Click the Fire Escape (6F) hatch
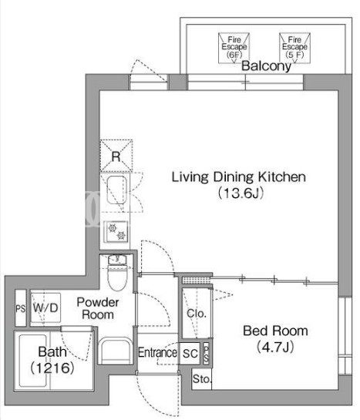(x=234, y=49)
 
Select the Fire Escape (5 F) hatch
(x=294, y=49)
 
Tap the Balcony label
(x=266, y=66)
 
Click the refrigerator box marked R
(x=116, y=156)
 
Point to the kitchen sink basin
(x=117, y=190)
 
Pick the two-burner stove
(x=116, y=231)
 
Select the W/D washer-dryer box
(x=45, y=307)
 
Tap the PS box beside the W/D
(x=21, y=308)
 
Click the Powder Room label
(x=98, y=308)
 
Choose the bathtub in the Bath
(x=33, y=361)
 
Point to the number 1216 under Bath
(x=52, y=368)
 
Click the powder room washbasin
(x=115, y=351)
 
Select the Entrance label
(x=157, y=353)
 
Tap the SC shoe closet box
(x=190, y=354)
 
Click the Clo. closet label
(x=197, y=314)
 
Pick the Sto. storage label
(x=202, y=379)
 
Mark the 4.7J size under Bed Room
(x=275, y=348)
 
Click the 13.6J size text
(x=241, y=193)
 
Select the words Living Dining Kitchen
(x=239, y=177)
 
